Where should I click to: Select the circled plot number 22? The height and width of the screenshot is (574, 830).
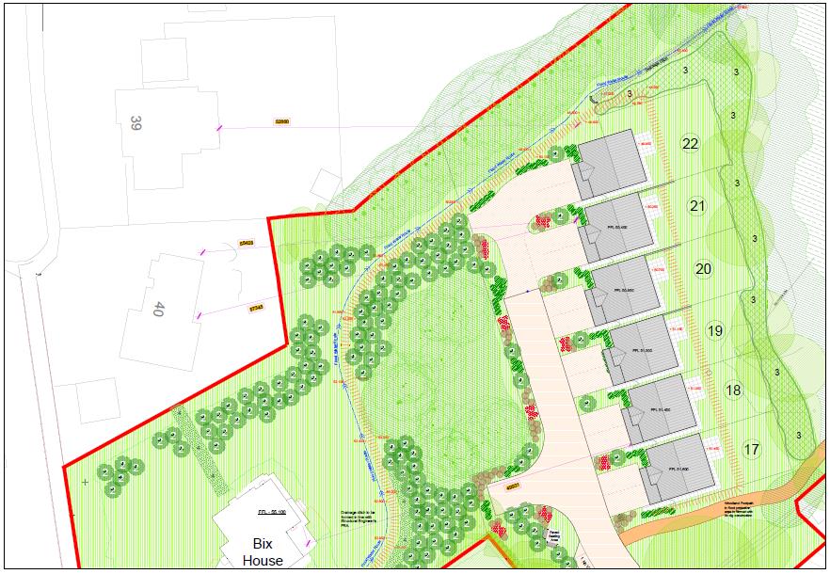click(x=691, y=143)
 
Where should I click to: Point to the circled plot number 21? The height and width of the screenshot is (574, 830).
click(x=697, y=207)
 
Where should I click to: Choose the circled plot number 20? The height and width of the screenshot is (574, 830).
click(x=703, y=269)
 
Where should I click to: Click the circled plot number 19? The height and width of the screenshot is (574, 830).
click(x=715, y=330)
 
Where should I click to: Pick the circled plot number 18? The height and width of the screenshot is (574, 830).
click(x=733, y=390)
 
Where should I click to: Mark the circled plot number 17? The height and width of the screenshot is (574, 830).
click(x=751, y=450)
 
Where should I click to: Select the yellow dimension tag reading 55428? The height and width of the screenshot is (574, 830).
click(x=247, y=242)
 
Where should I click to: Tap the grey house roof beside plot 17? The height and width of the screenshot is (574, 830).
click(x=676, y=469)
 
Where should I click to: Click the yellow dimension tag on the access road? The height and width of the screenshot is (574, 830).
click(x=513, y=486)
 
